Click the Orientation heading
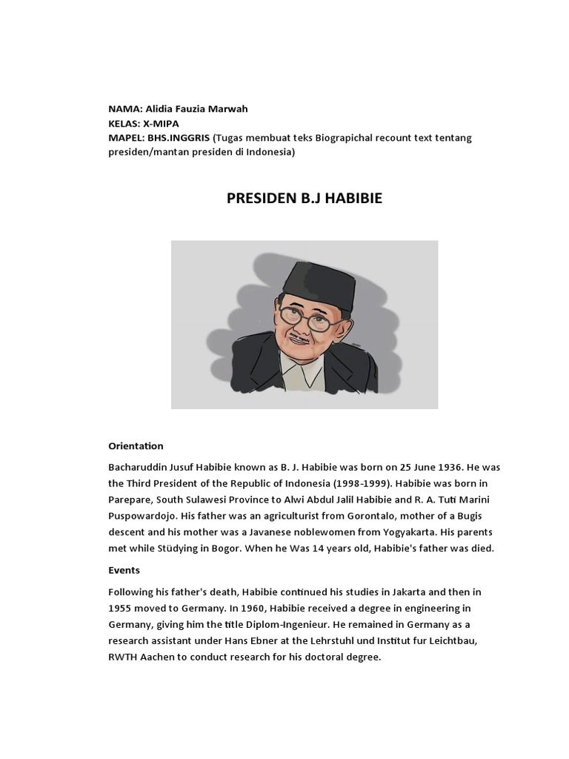[136, 446]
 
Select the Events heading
[124, 571]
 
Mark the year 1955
[121, 609]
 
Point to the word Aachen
[158, 657]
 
